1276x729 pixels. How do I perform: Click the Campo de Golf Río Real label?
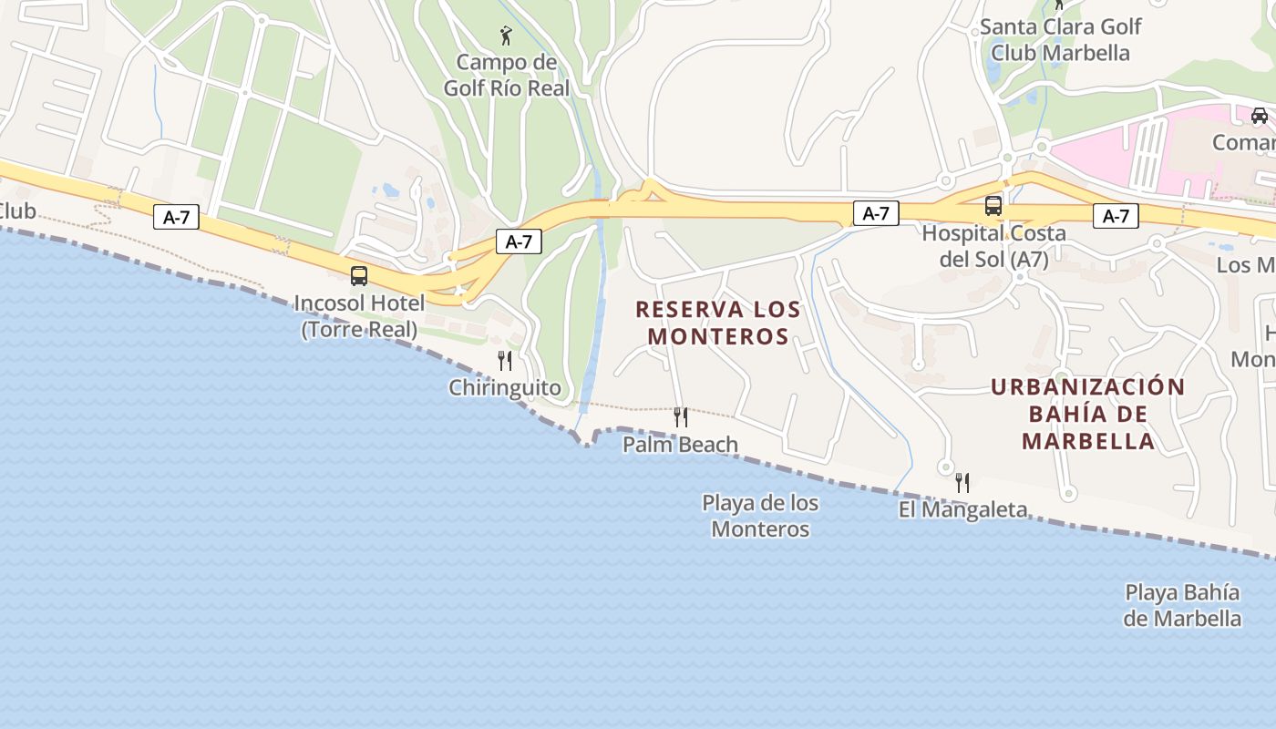point(506,76)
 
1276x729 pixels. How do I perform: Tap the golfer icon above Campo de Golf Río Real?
point(506,36)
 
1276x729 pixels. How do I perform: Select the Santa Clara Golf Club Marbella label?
point(1060,40)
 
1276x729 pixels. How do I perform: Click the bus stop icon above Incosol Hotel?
point(359,276)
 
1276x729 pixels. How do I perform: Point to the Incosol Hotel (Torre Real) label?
point(359,316)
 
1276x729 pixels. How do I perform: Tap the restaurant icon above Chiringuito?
point(505,361)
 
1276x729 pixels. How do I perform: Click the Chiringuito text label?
point(505,388)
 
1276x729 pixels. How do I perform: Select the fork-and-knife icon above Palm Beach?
point(681,417)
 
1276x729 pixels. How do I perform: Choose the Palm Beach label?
point(681,445)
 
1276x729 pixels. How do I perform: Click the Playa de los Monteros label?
point(760,516)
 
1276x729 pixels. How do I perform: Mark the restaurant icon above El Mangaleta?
point(962,483)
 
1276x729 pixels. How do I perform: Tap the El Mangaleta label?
point(962,509)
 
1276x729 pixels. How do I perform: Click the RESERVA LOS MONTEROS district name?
point(718,323)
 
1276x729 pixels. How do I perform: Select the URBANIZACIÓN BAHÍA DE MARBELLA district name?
point(1088,415)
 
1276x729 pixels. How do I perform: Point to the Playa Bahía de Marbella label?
point(1182,606)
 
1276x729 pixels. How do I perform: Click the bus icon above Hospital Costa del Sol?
point(993,206)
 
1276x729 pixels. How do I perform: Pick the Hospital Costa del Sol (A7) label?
point(993,246)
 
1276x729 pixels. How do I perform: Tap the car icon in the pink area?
point(1260,116)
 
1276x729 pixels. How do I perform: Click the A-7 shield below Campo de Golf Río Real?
point(519,241)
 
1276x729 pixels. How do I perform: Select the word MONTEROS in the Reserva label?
point(718,336)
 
